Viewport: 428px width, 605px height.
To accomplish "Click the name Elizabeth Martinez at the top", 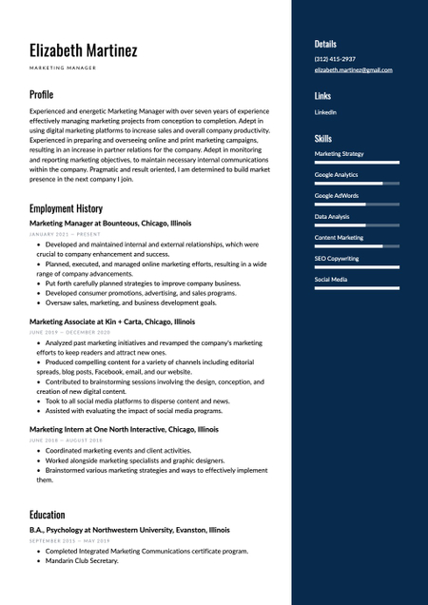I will point(83,49).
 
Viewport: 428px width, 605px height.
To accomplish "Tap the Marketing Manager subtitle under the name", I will point(63,68).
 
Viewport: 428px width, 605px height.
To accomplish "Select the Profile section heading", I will point(41,94).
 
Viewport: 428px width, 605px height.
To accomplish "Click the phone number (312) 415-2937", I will point(335,59).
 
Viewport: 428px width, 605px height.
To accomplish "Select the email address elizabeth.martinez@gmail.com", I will point(353,69).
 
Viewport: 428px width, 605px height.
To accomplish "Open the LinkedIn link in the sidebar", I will point(325,112).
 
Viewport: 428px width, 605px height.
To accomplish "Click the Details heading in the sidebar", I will point(325,44).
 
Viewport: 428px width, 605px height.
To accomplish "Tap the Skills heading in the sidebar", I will point(323,138).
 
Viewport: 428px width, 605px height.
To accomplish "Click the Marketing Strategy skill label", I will point(339,153).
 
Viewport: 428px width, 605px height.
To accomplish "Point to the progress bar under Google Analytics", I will point(357,183).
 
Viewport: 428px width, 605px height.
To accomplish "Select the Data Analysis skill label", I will point(332,216).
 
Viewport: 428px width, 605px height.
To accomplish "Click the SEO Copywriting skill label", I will point(337,258).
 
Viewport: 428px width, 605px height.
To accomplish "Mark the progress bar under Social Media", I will point(357,287).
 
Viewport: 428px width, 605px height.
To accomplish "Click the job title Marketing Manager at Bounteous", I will point(110,223).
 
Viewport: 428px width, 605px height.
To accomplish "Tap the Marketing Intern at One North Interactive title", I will point(124,429).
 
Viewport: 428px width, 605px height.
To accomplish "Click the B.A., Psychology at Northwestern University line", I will point(128,530).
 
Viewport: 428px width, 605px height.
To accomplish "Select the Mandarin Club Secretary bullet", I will point(81,561).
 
